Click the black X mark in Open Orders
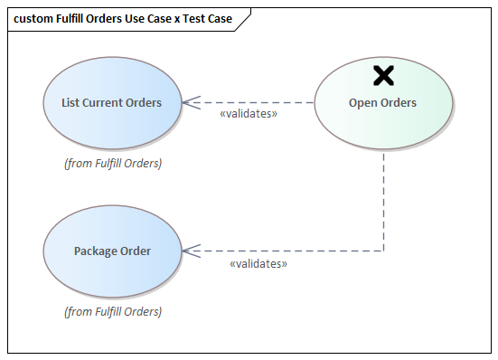(x=383, y=75)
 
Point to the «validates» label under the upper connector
(x=249, y=115)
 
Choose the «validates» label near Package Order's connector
(x=258, y=264)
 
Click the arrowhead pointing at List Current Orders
(x=187, y=102)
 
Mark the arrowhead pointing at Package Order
(x=187, y=251)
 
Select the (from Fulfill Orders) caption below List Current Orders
(x=113, y=164)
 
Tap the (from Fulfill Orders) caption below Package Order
(x=113, y=311)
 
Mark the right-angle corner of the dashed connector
(x=383, y=251)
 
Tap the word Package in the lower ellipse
(x=95, y=251)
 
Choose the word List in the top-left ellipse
(x=70, y=102)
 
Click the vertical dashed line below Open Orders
(x=383, y=199)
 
